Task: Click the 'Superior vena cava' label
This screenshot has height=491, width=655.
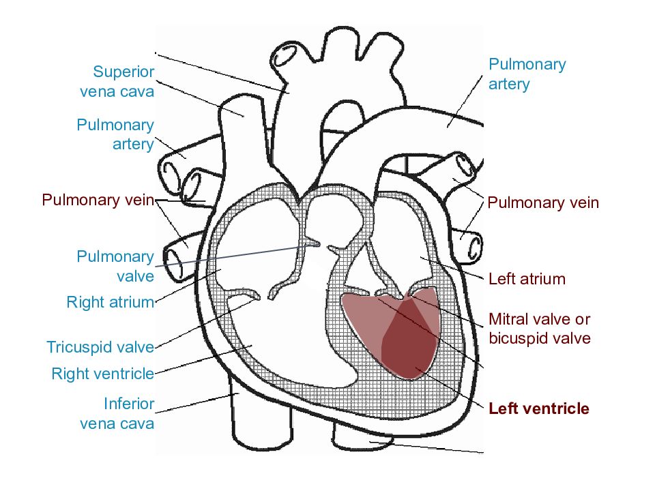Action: pos(117,81)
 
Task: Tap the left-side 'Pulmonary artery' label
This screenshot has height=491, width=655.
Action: pos(116,134)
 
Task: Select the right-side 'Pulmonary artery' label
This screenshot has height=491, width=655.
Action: pos(527,74)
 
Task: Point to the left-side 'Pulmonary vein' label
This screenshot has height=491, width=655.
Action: pos(98,200)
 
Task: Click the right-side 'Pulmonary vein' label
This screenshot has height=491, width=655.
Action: pos(543,203)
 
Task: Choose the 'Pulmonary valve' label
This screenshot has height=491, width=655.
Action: pos(116,266)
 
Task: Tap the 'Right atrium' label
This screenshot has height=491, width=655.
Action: pos(111,302)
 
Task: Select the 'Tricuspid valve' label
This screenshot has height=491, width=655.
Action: pos(100,347)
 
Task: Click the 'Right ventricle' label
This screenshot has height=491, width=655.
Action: pos(103,374)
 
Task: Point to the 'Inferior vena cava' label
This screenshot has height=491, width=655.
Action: pos(117,413)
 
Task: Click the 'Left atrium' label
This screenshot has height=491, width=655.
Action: pos(527,279)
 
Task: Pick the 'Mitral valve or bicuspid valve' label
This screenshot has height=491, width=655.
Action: pos(540,329)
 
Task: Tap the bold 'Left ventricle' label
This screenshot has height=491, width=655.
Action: pos(539,408)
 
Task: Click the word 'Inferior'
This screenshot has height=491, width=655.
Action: pos(129,404)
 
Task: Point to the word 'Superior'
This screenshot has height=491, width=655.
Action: pos(123,72)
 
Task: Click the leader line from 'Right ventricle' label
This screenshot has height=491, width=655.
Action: pos(204,359)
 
